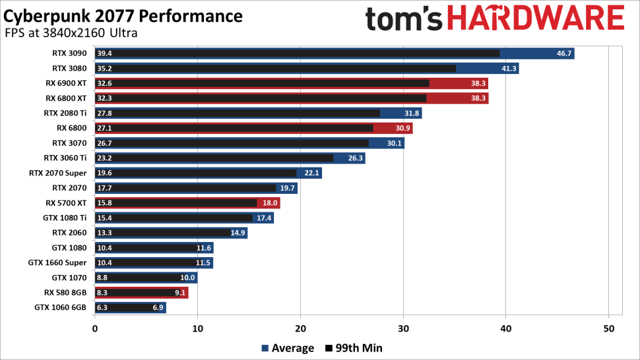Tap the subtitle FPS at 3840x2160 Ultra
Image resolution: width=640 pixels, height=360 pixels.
click(x=71, y=33)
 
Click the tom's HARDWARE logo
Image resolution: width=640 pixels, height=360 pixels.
click(x=494, y=19)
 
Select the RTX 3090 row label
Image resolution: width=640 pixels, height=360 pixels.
click(x=69, y=53)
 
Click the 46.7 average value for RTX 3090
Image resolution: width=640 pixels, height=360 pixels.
click(x=564, y=53)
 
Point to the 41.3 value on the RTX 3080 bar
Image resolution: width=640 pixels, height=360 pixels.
click(x=509, y=69)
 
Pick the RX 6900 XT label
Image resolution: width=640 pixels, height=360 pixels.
click(x=66, y=83)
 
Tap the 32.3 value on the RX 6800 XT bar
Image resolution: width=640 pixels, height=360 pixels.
click(x=104, y=98)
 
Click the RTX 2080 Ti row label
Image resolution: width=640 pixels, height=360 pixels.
click(x=65, y=113)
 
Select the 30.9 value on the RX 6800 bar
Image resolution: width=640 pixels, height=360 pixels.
click(x=402, y=128)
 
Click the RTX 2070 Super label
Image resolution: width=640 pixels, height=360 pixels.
click(x=57, y=173)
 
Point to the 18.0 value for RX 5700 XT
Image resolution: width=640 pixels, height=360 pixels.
click(x=270, y=202)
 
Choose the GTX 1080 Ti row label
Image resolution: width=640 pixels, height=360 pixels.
click(x=65, y=218)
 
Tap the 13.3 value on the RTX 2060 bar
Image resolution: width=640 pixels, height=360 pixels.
click(x=104, y=232)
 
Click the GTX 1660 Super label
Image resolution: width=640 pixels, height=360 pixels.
click(x=57, y=262)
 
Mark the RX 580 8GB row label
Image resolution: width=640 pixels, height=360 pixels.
click(x=64, y=292)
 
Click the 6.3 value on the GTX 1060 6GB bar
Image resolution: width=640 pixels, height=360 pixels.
click(x=102, y=307)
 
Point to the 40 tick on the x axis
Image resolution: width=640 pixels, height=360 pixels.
click(x=506, y=328)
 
